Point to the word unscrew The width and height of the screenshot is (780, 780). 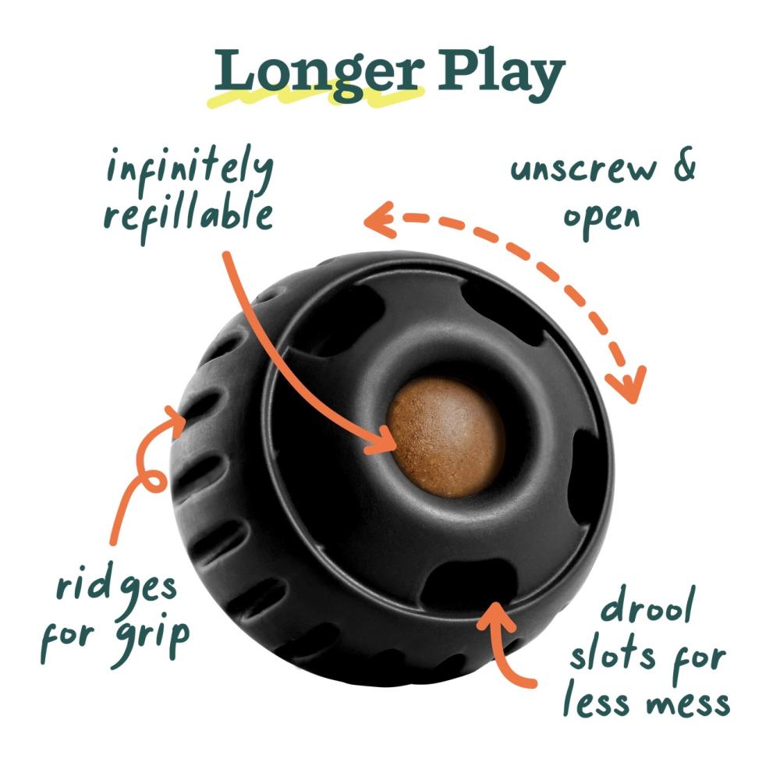(580, 169)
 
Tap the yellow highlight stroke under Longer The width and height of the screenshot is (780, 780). (320, 98)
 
